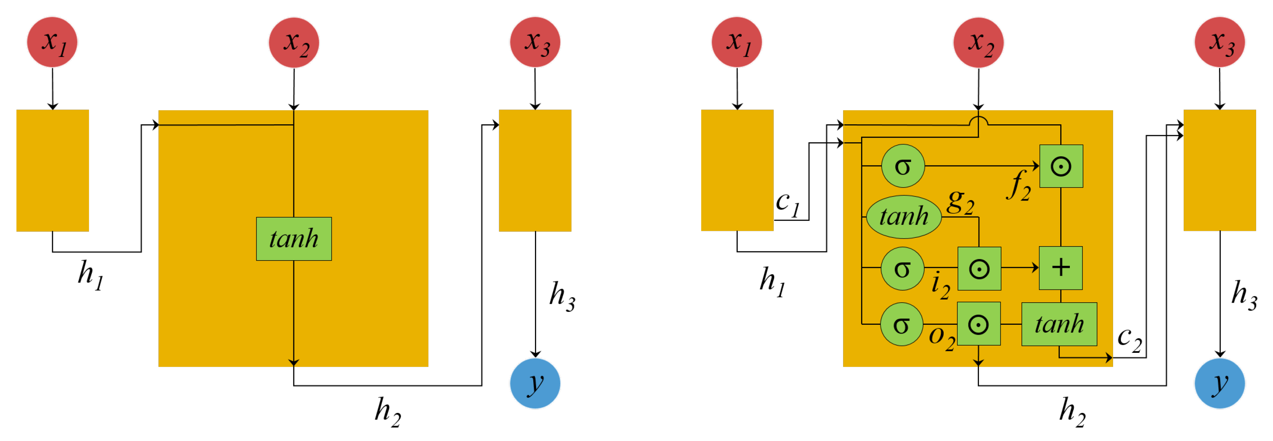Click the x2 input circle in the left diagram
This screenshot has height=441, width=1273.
294,42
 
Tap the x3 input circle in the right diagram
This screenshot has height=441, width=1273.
1219,42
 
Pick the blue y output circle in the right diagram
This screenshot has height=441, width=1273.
1219,383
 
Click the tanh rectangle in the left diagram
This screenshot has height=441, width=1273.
294,239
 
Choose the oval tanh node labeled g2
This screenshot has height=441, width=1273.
903,216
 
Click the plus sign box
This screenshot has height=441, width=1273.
1061,268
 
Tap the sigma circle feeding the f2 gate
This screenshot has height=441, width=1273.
903,166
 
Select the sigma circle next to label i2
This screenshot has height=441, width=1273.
902,269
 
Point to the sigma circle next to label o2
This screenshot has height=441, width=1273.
902,324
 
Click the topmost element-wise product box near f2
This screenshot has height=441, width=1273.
1061,166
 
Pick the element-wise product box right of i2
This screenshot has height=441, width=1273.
979,269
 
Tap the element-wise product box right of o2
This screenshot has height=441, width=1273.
978,324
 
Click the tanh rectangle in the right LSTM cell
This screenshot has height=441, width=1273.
1059,324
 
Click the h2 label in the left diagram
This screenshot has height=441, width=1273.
388,412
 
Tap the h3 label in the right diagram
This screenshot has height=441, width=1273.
1243,295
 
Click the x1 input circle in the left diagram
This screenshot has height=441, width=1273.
52,42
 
